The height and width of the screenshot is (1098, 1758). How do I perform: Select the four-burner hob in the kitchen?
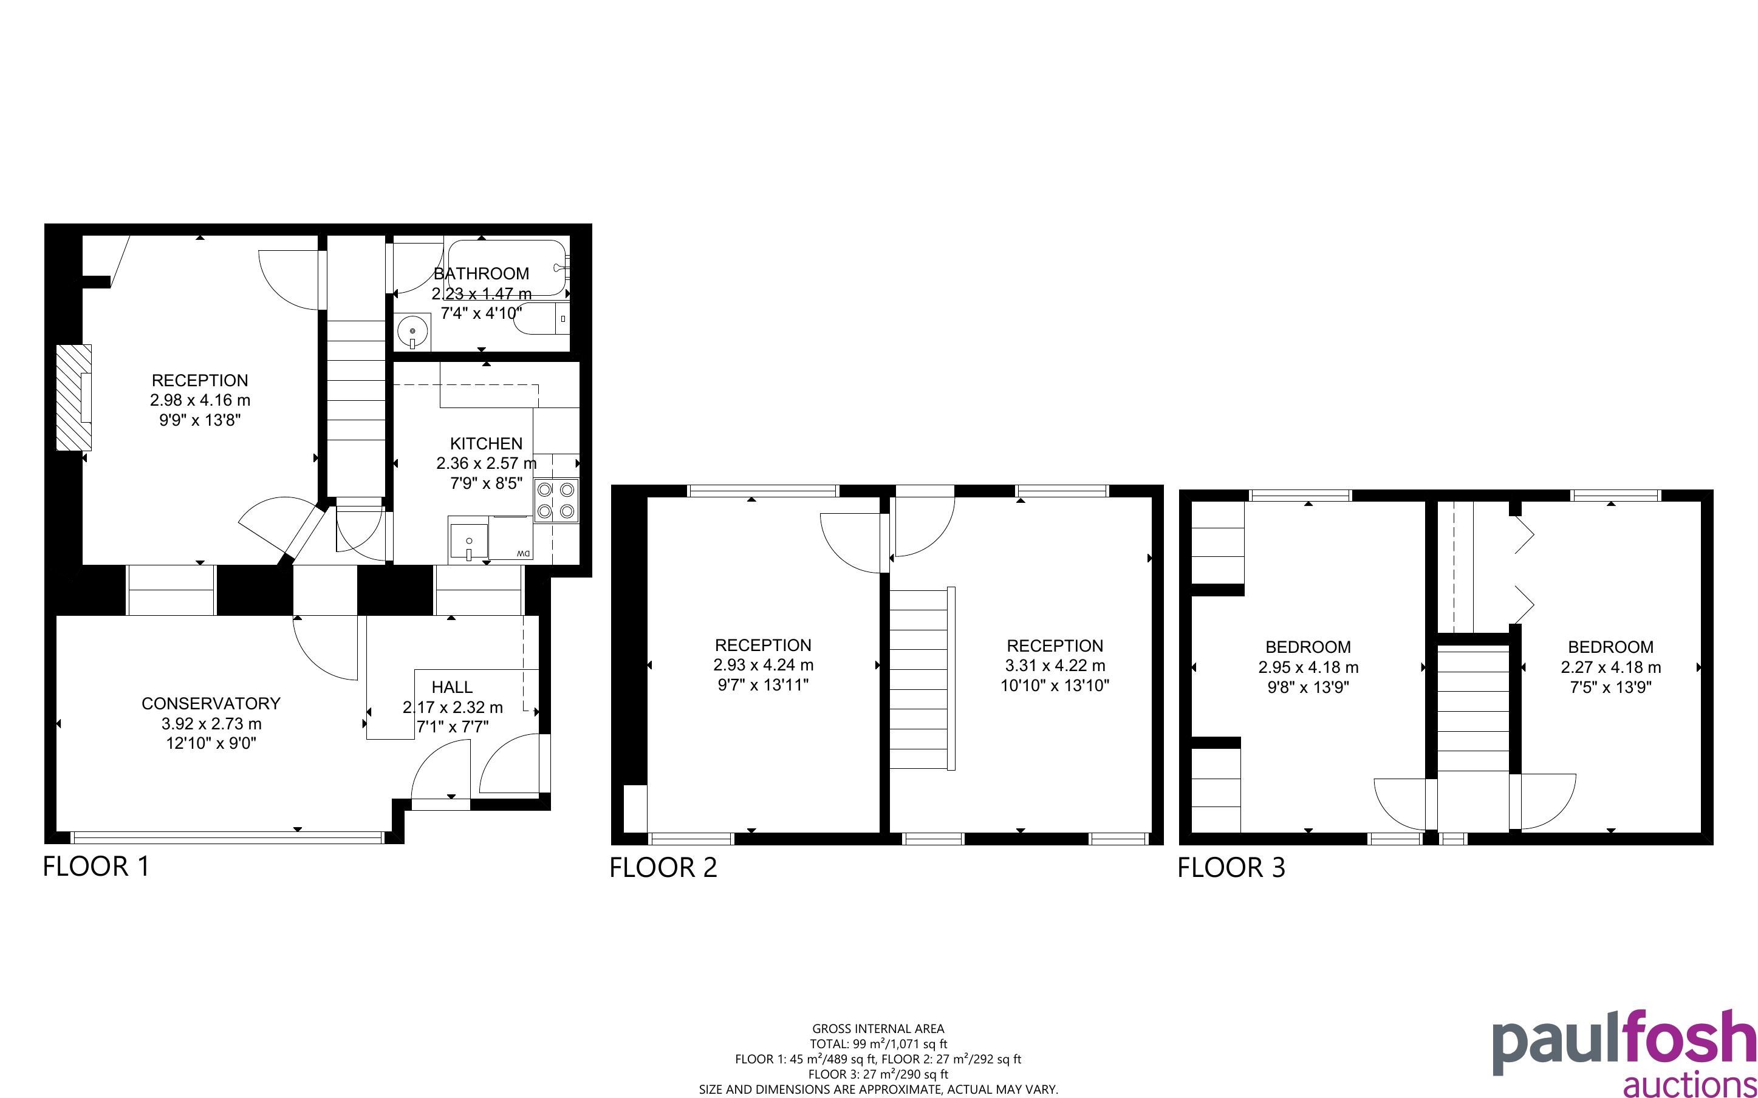click(x=556, y=501)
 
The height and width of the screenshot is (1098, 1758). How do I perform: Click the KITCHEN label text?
click(x=486, y=444)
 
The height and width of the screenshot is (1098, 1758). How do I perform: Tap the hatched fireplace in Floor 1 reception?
click(x=74, y=397)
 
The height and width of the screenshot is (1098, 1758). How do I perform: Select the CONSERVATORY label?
click(x=211, y=703)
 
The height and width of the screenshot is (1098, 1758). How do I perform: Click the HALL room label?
click(x=452, y=687)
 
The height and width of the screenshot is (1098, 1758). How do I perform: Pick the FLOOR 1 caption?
click(x=97, y=867)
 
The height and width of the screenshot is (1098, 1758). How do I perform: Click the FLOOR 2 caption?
click(x=663, y=868)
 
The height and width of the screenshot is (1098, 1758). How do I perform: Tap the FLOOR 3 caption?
click(x=1231, y=868)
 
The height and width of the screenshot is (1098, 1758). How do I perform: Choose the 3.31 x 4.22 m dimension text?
click(x=1055, y=665)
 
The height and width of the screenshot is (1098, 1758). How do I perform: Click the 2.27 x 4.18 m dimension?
click(x=1610, y=667)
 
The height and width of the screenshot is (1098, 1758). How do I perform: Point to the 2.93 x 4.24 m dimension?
click(x=763, y=664)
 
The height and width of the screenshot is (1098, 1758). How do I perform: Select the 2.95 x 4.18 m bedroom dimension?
click(x=1308, y=667)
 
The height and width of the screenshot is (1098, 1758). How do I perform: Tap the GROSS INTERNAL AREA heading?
click(x=878, y=1028)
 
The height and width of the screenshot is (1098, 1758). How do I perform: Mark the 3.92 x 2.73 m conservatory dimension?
click(x=211, y=724)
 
